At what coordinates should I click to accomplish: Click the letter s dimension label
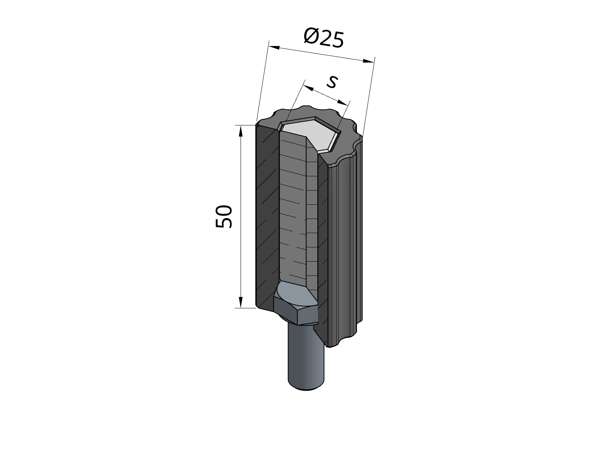click(x=332, y=81)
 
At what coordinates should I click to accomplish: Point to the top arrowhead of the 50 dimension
click(x=240, y=131)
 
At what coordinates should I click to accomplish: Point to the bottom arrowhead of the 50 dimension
click(x=240, y=302)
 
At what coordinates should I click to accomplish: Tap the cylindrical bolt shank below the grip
click(x=305, y=356)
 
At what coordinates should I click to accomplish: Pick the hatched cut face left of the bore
click(x=267, y=216)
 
